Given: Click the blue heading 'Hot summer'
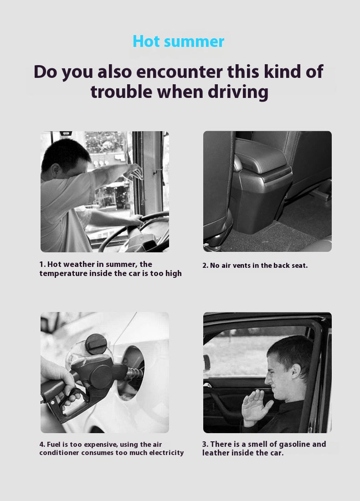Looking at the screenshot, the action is (x=178, y=41).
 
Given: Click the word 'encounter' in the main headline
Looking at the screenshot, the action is (x=180, y=72).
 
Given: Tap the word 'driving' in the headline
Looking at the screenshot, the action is (x=238, y=92).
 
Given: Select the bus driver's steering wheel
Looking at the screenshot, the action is (x=134, y=230).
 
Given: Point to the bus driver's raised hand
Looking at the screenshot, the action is (x=134, y=172).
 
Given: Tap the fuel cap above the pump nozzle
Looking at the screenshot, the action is (x=96, y=344).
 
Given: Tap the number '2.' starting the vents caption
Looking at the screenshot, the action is (x=205, y=266).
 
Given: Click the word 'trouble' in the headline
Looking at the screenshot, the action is (x=122, y=92).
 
